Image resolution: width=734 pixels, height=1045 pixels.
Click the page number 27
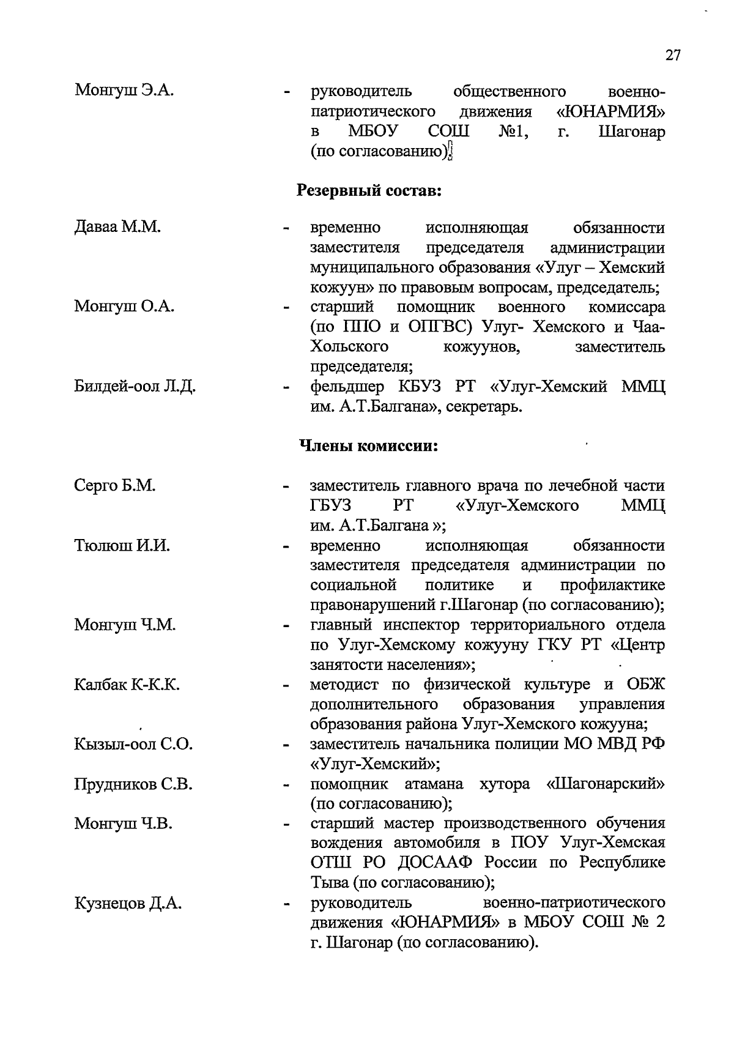click(672, 55)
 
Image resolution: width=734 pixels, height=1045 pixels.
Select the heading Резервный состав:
click(369, 190)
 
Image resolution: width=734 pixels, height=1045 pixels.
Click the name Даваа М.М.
click(117, 228)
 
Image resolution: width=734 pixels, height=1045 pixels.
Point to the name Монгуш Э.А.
click(124, 91)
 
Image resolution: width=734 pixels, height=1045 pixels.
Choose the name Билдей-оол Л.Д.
click(135, 387)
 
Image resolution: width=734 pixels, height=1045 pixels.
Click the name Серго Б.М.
click(114, 486)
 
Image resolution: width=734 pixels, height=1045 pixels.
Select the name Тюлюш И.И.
click(122, 545)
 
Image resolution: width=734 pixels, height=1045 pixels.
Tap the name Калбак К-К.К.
click(127, 685)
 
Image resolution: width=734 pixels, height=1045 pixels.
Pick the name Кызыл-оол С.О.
click(133, 744)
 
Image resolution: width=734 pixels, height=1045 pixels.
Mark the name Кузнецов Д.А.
click(128, 903)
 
